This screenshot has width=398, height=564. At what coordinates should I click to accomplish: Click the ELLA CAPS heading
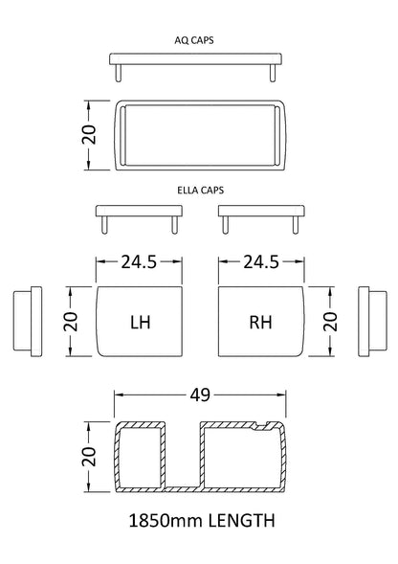tap(200, 190)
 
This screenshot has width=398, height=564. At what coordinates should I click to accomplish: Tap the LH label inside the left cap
tap(140, 323)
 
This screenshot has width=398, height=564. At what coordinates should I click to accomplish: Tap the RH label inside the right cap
tap(260, 323)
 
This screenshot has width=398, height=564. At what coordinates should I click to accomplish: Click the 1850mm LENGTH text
tap(201, 522)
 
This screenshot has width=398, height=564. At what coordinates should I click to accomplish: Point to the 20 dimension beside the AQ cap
tap(87, 135)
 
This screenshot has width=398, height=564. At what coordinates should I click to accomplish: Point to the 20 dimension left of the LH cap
tap(68, 322)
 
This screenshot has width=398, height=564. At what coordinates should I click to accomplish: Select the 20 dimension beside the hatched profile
tap(87, 458)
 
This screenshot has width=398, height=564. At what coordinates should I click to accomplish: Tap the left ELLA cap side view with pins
tap(140, 215)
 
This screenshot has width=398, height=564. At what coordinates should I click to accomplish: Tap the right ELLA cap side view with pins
tap(260, 215)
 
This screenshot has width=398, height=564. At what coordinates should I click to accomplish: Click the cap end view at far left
tap(28, 322)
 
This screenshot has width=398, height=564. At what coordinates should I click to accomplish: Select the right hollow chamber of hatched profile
tap(241, 458)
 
